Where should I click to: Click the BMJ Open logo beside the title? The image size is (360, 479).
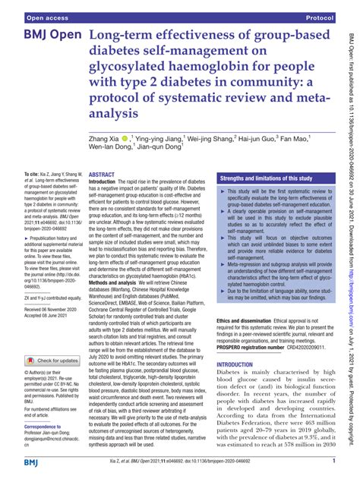tap(48, 37)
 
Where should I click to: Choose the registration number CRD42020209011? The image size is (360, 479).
tap(302, 326)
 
